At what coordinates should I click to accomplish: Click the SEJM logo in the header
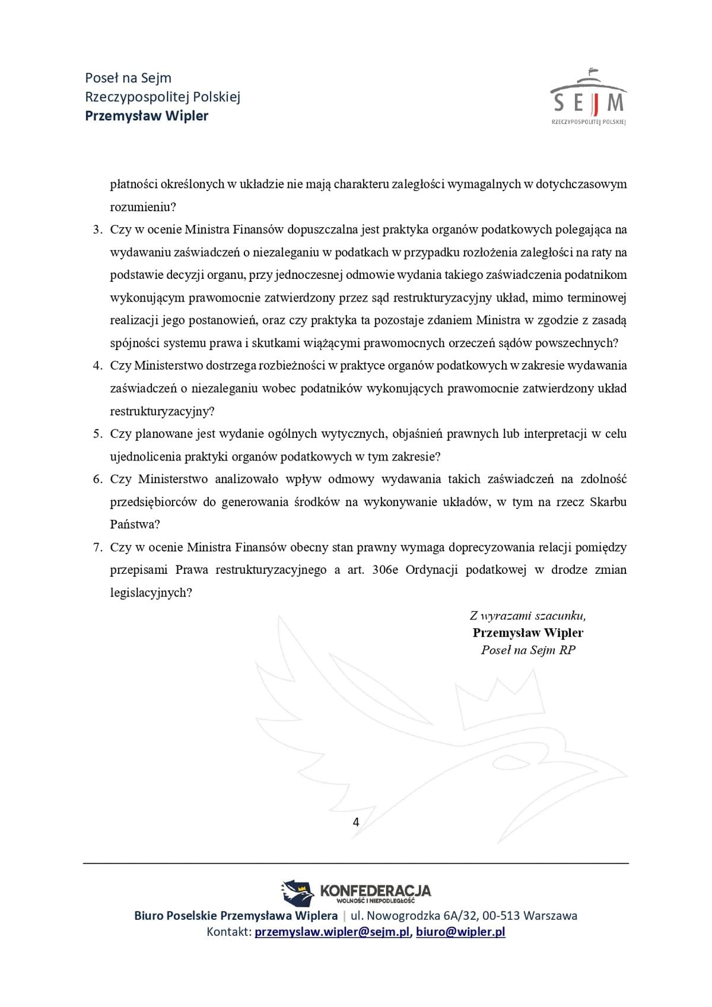[x=588, y=98]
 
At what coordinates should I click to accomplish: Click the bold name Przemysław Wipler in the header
[x=147, y=116]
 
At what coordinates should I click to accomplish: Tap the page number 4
[x=356, y=822]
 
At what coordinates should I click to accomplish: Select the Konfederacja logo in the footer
[x=356, y=891]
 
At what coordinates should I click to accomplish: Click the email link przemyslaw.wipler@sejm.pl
[x=332, y=932]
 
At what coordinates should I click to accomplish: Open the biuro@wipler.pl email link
[x=460, y=932]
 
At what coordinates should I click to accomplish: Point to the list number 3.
[x=98, y=230]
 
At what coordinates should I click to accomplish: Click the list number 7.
[x=98, y=547]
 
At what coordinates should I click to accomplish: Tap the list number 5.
[x=98, y=434]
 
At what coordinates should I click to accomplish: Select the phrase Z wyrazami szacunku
[x=528, y=615]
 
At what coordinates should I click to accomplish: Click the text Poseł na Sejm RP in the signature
[x=528, y=650]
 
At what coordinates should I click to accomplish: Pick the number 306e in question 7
[x=385, y=570]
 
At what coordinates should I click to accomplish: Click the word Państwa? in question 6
[x=135, y=525]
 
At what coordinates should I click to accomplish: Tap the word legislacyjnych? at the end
[x=151, y=593]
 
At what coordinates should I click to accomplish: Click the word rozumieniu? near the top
[x=143, y=207]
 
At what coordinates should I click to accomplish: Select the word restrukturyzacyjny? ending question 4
[x=162, y=411]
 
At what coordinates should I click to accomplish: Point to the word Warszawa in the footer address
[x=551, y=916]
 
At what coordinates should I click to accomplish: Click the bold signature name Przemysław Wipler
[x=528, y=633]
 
